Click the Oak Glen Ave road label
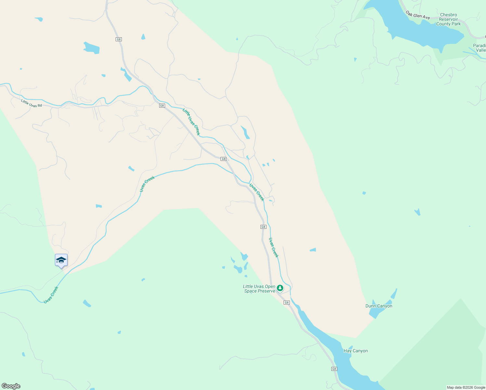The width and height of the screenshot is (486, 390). pyautogui.click(x=417, y=15)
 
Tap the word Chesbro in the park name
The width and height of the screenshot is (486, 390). pyautogui.click(x=448, y=15)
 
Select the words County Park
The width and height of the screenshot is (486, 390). pyautogui.click(x=448, y=24)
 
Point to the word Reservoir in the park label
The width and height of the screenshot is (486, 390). pyautogui.click(x=448, y=19)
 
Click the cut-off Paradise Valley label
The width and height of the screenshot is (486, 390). pyautogui.click(x=480, y=48)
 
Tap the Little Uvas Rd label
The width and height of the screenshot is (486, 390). pyautogui.click(x=32, y=103)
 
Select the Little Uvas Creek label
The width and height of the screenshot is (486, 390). pyautogui.click(x=191, y=122)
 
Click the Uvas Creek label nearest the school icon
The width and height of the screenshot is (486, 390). pyautogui.click(x=51, y=295)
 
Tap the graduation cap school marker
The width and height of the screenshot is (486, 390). pyautogui.click(x=61, y=260)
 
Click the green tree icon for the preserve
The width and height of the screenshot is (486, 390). pyautogui.click(x=280, y=288)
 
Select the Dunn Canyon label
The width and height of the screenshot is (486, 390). pyautogui.click(x=379, y=306)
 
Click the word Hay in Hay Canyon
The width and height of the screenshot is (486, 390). pyautogui.click(x=348, y=351)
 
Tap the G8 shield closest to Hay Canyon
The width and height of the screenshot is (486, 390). pyautogui.click(x=334, y=369)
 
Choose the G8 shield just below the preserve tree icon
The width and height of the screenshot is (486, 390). pyautogui.click(x=287, y=303)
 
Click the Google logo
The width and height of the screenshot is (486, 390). pyautogui.click(x=11, y=386)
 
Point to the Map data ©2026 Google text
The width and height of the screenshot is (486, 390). pyautogui.click(x=466, y=387)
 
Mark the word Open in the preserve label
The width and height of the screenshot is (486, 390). pyautogui.click(x=270, y=287)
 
